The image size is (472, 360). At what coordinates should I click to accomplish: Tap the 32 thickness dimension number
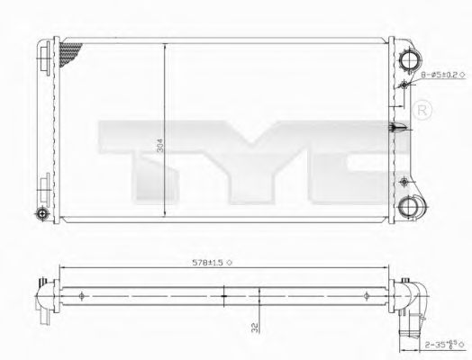click(x=259, y=330)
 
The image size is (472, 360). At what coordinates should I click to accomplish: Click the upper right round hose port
click(x=409, y=59)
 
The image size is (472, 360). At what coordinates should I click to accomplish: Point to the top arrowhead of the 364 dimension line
click(x=163, y=45)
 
